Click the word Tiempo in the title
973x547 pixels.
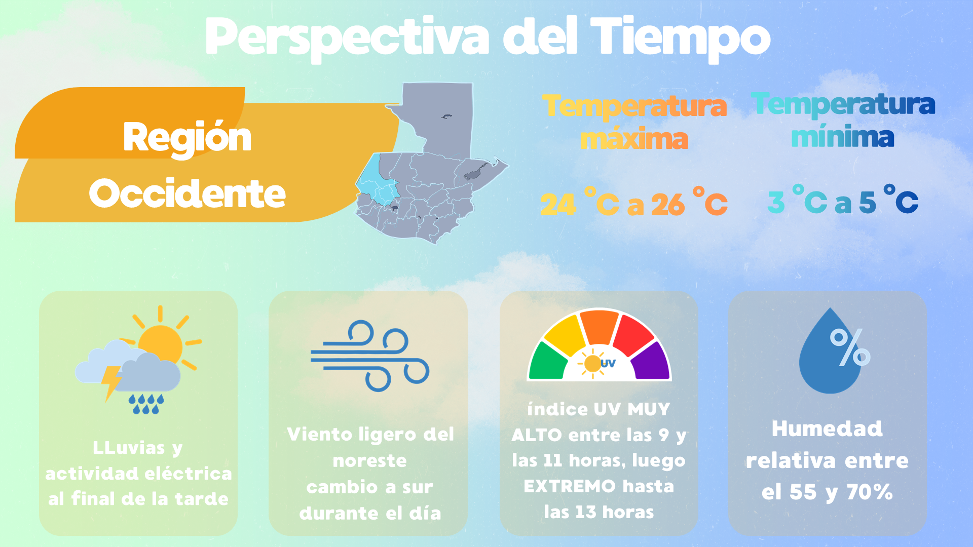pyautogui.click(x=680, y=38)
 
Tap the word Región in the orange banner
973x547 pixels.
pyautogui.click(x=187, y=137)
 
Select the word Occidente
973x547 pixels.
pyautogui.click(x=187, y=193)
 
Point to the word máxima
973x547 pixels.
pyautogui.click(x=634, y=139)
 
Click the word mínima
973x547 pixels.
pyautogui.click(x=842, y=137)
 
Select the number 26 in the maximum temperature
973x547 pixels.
pyautogui.click(x=667, y=205)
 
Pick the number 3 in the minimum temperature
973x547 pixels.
pyautogui.click(x=776, y=202)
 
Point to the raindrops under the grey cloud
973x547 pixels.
pyautogui.click(x=146, y=404)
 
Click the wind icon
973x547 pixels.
pyautogui.click(x=370, y=356)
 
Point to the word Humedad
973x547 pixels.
pyautogui.click(x=827, y=429)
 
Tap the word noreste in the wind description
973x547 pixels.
pyautogui.click(x=369, y=461)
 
